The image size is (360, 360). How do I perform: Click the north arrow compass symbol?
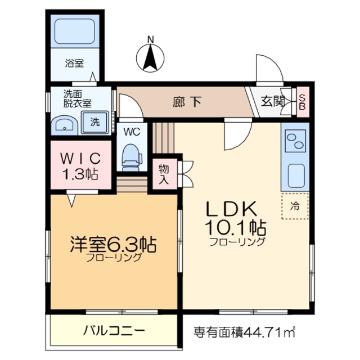(x=150, y=55)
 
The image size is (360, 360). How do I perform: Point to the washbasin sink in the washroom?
(x=64, y=124)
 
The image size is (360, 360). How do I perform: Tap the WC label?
(x=132, y=132)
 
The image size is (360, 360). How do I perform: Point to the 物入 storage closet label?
(x=164, y=174)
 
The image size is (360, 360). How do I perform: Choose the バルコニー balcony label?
(x=115, y=330)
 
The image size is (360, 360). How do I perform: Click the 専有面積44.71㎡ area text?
(x=244, y=331)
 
